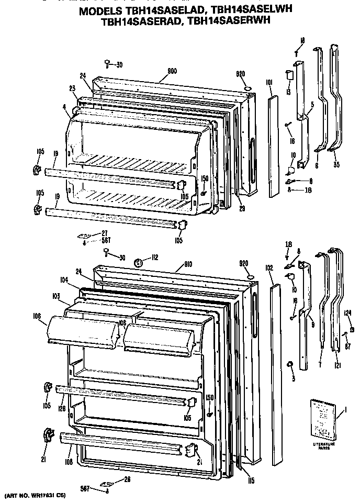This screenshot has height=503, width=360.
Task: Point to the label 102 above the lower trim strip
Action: tap(269, 267)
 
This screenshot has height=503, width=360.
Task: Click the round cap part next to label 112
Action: tap(139, 263)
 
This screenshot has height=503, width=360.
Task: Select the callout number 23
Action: tap(72, 88)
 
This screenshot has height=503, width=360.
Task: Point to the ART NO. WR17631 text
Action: tap(35, 495)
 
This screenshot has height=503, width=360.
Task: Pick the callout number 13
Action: tap(288, 92)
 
